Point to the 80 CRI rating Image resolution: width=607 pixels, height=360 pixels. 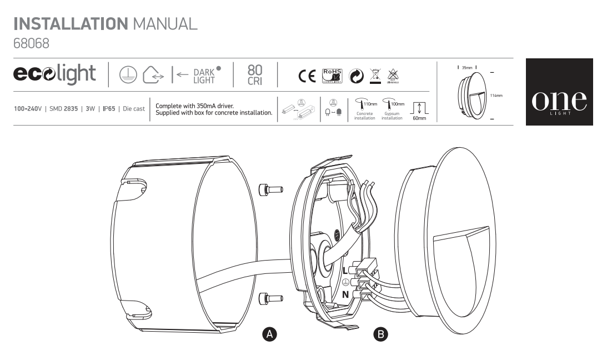pyautogui.click(x=255, y=74)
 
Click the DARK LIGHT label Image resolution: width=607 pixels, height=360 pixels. pyautogui.click(x=204, y=76)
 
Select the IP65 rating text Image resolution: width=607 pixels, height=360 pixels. pyautogui.click(x=109, y=108)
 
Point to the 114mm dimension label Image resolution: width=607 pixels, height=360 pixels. pyautogui.click(x=497, y=96)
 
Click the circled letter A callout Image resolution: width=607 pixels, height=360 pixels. pyautogui.click(x=269, y=334)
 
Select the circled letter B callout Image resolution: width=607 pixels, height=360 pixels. pyautogui.click(x=381, y=334)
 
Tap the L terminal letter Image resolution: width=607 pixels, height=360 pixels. pyautogui.click(x=345, y=271)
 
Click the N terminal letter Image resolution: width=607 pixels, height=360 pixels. pyautogui.click(x=345, y=294)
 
